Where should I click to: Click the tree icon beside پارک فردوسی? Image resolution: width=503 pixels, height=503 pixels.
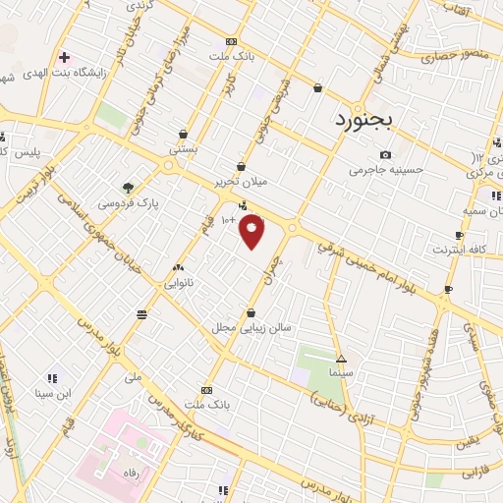(x=126, y=187)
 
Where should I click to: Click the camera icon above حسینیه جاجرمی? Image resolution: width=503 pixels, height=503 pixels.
(x=386, y=154)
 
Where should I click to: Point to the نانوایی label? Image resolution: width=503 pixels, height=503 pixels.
(x=178, y=283)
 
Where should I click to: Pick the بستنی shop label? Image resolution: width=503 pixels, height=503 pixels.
(x=184, y=149)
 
